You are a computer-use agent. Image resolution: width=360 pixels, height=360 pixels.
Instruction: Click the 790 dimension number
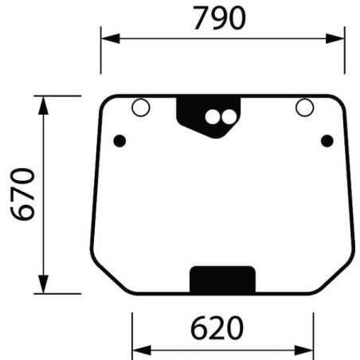point(219,18)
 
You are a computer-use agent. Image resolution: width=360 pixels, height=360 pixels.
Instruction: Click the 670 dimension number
point(23,194)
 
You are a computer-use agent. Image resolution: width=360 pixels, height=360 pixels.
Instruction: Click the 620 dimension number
point(217,328)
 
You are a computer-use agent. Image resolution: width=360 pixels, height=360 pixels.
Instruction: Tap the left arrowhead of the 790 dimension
point(111,39)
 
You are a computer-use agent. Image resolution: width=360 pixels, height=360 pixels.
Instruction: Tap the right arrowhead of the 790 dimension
point(335,39)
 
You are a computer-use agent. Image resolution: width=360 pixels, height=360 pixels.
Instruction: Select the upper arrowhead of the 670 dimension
point(43,105)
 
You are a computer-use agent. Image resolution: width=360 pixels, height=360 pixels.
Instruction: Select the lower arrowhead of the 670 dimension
point(43,284)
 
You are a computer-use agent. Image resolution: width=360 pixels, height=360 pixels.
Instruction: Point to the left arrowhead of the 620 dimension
point(142,350)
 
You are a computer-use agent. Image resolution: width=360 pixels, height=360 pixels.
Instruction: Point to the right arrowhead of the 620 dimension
point(304,350)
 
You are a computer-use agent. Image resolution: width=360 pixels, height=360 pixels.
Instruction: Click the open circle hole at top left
point(141,108)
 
